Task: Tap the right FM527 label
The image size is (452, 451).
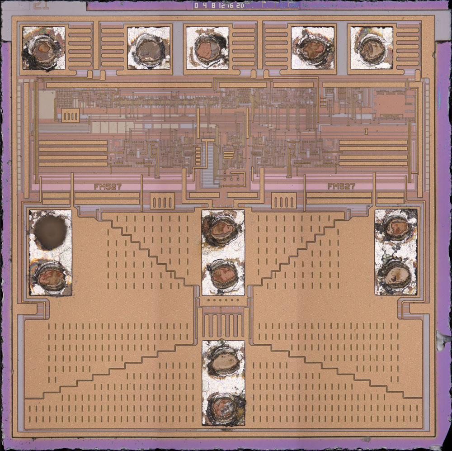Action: point(341,186)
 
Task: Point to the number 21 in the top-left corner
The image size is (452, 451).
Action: point(40,5)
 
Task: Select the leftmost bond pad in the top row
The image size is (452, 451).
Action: point(43,48)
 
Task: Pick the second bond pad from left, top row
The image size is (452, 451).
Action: point(149,48)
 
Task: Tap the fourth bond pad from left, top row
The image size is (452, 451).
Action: point(312,48)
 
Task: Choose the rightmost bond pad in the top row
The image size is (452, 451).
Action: point(372,47)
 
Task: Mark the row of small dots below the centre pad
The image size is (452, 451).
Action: point(223,300)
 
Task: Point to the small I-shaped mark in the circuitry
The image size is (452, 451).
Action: point(365,132)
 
